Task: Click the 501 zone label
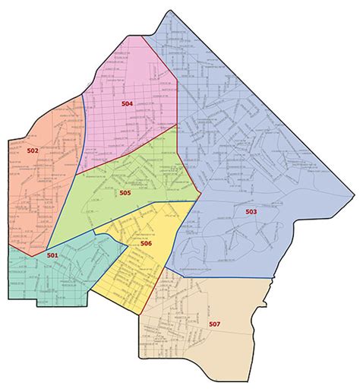[x=52, y=255]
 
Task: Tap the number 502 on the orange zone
[x=33, y=150]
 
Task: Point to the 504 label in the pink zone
[x=127, y=103]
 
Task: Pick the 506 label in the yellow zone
[x=146, y=243]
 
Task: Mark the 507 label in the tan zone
[x=214, y=324]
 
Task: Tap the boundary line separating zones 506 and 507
[x=155, y=284]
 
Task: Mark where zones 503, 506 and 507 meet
[x=167, y=276]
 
